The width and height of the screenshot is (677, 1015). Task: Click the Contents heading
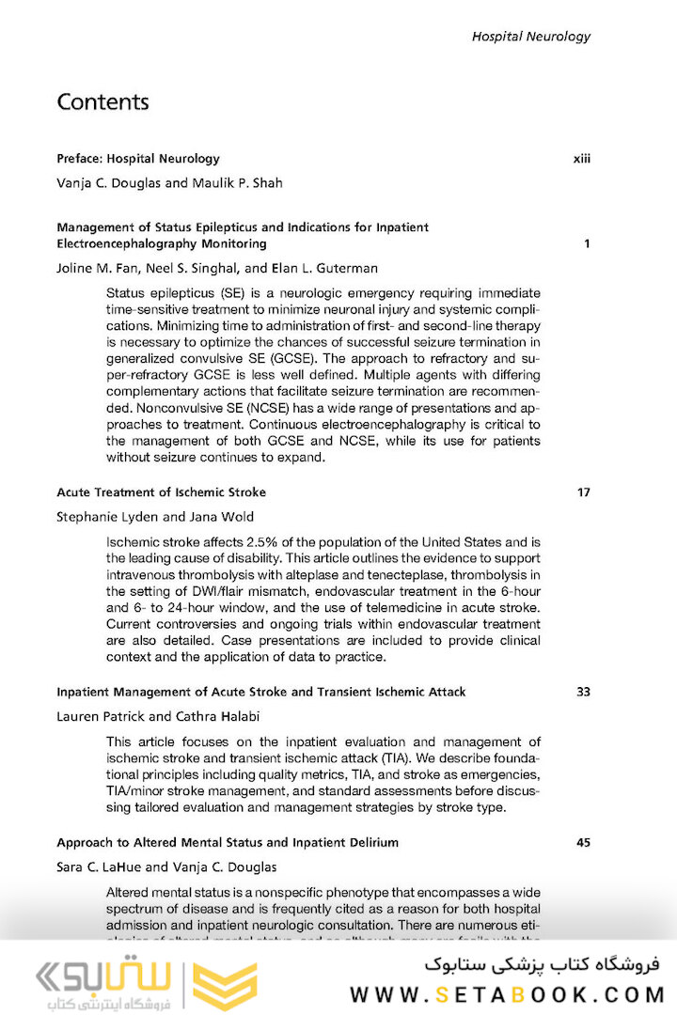[x=102, y=101]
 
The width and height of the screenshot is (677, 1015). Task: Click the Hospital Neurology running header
[x=530, y=37]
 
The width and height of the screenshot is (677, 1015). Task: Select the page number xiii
[x=581, y=159]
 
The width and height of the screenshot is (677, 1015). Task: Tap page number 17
[x=583, y=492]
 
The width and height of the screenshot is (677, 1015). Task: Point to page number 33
[x=583, y=692]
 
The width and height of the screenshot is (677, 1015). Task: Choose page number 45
[x=583, y=842]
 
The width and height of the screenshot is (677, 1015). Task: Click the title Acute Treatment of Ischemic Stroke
[x=161, y=492]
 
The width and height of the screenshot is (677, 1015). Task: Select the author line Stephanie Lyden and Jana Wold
[x=155, y=517]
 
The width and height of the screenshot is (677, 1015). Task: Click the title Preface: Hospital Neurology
[x=138, y=159]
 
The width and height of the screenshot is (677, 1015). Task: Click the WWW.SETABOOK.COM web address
[x=508, y=994]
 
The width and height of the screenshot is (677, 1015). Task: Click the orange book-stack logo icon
[x=226, y=986]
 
